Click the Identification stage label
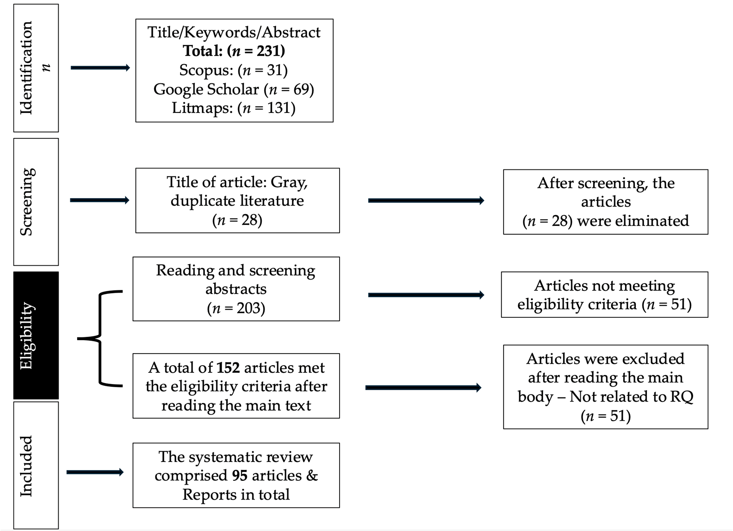[x=26, y=68]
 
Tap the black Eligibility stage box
[x=36, y=335]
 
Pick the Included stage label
[x=26, y=466]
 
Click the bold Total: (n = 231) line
[x=234, y=51]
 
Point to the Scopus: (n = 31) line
[x=233, y=70]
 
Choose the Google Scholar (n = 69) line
[x=233, y=89]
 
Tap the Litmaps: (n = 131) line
[x=233, y=108]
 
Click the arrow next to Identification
[x=100, y=68]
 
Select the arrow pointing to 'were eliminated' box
[x=426, y=200]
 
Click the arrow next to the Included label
[x=95, y=472]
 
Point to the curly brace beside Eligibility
[x=99, y=338]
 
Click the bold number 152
[x=229, y=367]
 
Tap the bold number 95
[x=240, y=476]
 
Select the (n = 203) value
[x=236, y=308]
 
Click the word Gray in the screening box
[x=289, y=183]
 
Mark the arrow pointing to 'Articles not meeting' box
[x=426, y=295]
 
